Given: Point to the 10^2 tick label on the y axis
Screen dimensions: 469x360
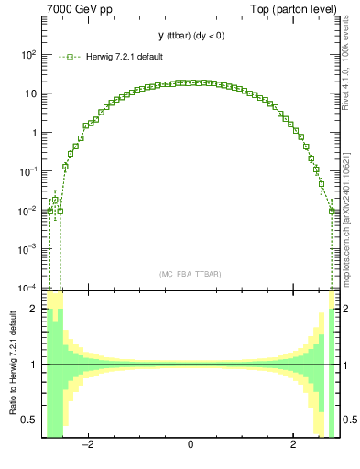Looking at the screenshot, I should pos(28,55).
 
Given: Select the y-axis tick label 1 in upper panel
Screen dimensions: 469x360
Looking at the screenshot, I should pos(34,132).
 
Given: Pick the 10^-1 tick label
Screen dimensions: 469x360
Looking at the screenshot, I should pos(28,171).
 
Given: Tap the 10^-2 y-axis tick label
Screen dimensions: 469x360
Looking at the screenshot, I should pos(28,210).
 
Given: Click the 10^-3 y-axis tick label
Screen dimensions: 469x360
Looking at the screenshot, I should pos(28,248).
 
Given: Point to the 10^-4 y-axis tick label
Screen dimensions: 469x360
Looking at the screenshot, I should pos(28,287).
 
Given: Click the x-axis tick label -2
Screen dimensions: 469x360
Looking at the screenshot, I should pos(87,446).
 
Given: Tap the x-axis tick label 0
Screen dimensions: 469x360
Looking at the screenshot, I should pos(191,446).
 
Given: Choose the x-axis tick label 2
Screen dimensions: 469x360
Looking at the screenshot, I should pos(293,446).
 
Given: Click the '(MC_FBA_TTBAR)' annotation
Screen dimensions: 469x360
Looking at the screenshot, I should pos(190,274).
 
